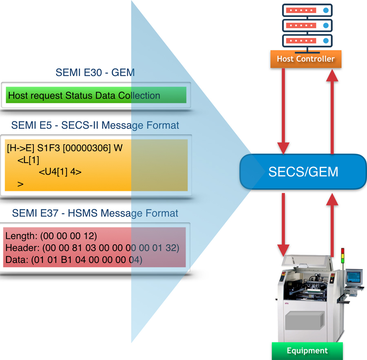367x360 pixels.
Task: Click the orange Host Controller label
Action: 305,59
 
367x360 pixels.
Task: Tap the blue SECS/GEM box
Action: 303,172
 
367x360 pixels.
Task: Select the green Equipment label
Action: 307,351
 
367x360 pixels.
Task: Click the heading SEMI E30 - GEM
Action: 95,73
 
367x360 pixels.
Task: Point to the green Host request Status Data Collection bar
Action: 96,96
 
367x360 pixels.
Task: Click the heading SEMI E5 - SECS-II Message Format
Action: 95,125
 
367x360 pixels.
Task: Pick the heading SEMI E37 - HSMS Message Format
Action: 95,213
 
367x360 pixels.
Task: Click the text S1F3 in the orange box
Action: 48,148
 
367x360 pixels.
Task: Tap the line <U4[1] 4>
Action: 60,172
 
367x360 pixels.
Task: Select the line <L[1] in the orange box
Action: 29,160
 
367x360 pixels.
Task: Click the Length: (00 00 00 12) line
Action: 51,236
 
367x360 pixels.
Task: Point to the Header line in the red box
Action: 92,248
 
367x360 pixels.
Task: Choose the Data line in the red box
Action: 74,260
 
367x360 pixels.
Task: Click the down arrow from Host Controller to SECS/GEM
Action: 283,110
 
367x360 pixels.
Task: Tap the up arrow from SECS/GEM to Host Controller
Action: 333,110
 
